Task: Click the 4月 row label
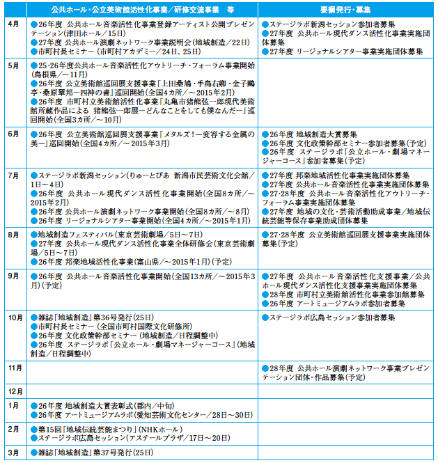point(13,23)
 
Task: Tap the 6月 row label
point(13,132)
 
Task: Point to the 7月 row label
point(13,175)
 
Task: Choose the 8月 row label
point(13,235)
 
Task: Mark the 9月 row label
point(13,276)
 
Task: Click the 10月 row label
point(15,317)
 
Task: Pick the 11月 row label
point(15,367)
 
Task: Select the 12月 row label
point(15,391)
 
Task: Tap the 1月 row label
point(13,405)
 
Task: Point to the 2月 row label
point(13,429)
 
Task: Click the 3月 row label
point(13,453)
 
